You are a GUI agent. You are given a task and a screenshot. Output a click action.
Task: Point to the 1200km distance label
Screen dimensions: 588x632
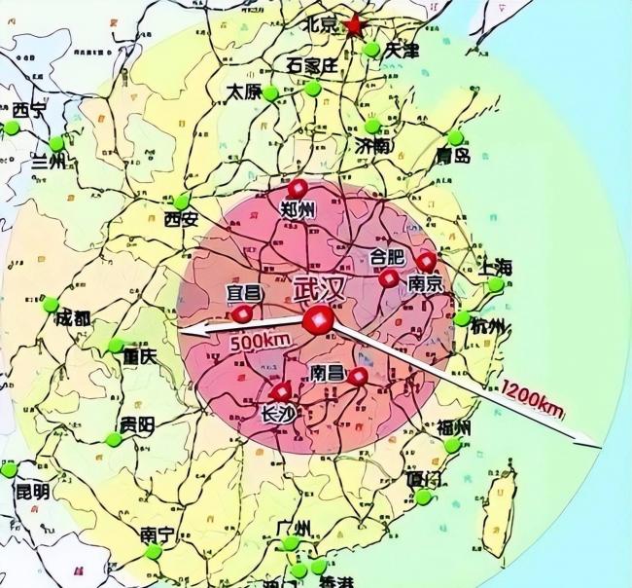[x=534, y=394]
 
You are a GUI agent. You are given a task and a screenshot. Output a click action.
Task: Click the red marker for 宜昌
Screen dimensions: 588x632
[x=242, y=313]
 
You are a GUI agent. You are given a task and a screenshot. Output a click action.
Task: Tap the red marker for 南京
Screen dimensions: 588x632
[x=426, y=261]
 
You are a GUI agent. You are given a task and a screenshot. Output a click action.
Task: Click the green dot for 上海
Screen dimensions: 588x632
[x=496, y=285]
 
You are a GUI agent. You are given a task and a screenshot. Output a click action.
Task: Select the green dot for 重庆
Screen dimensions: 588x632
[x=116, y=345]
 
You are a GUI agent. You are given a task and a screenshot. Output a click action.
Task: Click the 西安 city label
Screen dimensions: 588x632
[x=181, y=219]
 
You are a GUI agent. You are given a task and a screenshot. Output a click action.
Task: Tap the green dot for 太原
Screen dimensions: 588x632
[x=270, y=94]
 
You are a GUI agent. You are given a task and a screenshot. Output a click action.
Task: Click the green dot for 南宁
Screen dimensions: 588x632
[x=153, y=553]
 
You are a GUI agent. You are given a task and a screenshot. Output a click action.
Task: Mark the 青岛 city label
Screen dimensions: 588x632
[x=453, y=155]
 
